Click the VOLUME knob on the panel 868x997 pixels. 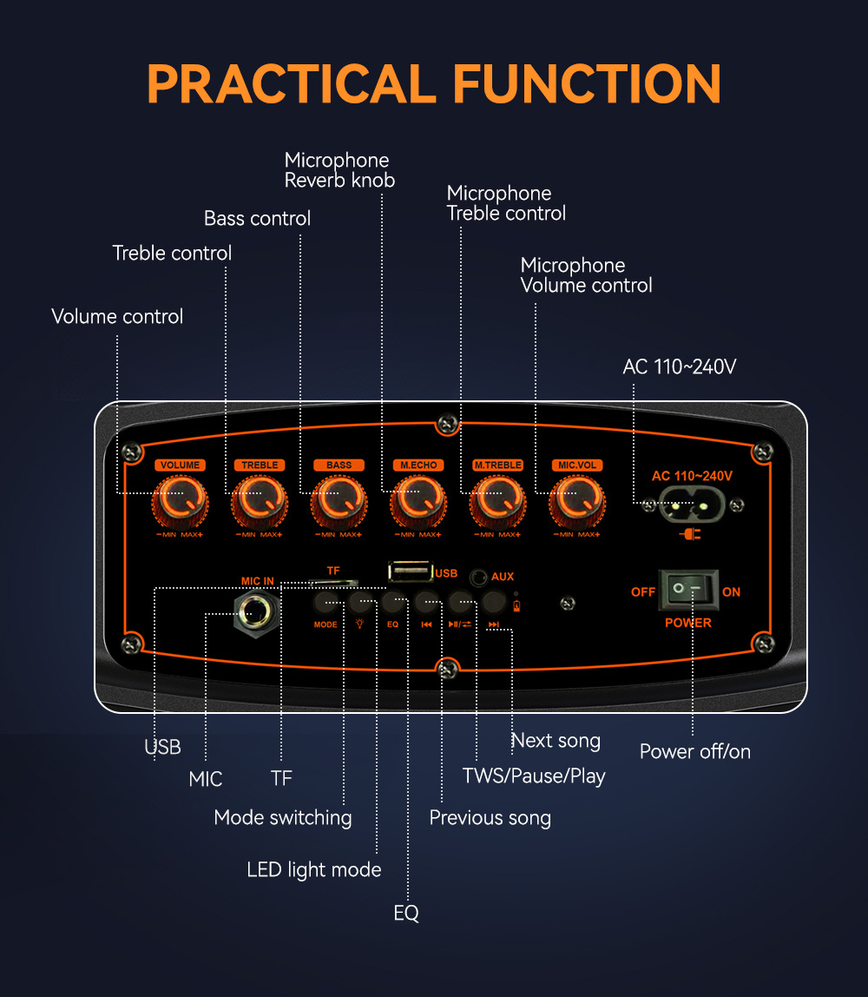(x=181, y=500)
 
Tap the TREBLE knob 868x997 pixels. (x=259, y=500)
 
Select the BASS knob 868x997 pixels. (x=339, y=500)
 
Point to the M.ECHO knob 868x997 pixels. (x=418, y=500)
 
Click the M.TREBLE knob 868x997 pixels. (x=497, y=500)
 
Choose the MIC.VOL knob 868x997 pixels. (x=576, y=500)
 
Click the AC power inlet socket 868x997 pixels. (x=692, y=504)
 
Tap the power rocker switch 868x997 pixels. (x=688, y=591)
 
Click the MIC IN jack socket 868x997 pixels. (x=256, y=613)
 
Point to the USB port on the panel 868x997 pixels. (x=410, y=571)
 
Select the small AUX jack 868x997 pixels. (x=477, y=576)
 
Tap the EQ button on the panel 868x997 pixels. (x=393, y=601)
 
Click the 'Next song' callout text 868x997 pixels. (x=556, y=741)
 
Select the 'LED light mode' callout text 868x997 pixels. (x=314, y=869)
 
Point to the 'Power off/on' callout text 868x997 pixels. (x=694, y=751)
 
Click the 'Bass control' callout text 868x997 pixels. (x=257, y=218)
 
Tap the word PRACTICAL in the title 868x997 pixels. (x=290, y=83)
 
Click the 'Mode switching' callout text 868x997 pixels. (x=283, y=817)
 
